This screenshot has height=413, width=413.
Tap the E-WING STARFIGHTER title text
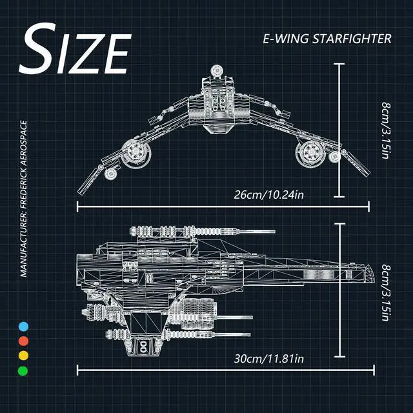327,39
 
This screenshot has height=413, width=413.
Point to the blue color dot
24,327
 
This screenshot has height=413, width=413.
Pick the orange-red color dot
24,341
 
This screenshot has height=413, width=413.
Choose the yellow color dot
24,356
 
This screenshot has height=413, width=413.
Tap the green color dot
24,370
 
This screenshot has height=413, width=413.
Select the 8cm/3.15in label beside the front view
386,130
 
